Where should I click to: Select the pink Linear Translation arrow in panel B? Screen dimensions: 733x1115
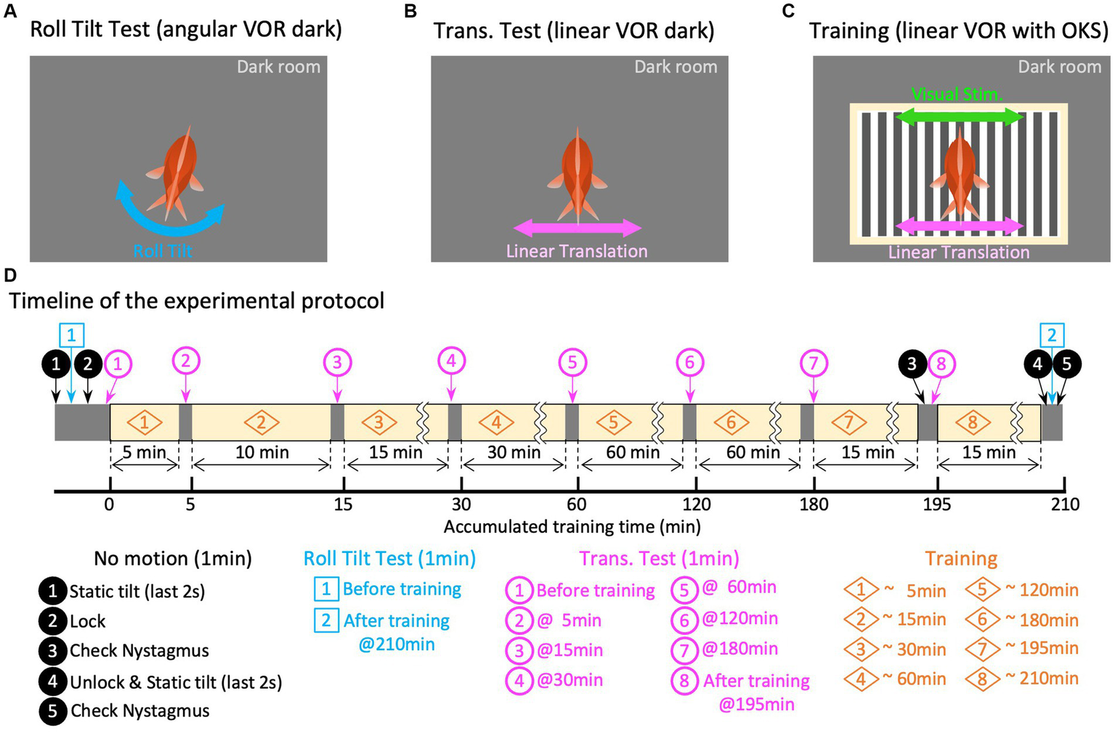(578, 228)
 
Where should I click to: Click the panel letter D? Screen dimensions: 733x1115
(9, 276)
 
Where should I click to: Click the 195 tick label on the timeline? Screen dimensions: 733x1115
(937, 504)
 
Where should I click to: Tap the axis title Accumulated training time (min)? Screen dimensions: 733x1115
(572, 526)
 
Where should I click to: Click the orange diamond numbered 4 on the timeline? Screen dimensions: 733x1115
(497, 422)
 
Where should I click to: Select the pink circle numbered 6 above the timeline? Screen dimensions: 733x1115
(690, 361)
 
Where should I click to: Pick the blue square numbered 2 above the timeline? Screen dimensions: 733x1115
(1052, 335)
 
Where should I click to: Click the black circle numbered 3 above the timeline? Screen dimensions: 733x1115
(912, 364)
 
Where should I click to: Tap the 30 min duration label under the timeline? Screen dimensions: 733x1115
(514, 453)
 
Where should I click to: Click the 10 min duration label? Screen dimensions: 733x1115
(261, 453)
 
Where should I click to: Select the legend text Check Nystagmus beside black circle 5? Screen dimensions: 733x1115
(139, 711)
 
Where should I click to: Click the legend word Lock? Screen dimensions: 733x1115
(87, 621)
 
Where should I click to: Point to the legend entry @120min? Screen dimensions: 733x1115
(739, 618)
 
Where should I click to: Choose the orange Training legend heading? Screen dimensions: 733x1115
(961, 558)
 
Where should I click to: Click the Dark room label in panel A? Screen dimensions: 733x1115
(278, 67)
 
